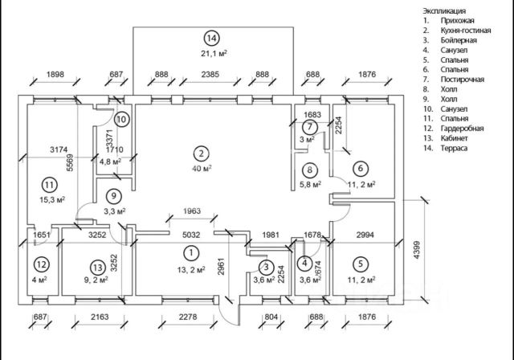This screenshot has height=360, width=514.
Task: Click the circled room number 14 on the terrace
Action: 212,38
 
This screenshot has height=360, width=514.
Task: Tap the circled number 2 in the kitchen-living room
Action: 202,153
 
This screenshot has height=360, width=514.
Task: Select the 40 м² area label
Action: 202,169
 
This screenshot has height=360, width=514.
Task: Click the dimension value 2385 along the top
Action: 210,75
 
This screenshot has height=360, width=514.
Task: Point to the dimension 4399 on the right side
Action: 417,251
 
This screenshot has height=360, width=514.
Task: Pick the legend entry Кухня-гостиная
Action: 466,31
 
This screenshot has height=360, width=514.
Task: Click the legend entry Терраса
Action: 454,148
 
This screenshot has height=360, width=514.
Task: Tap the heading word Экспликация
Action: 444,10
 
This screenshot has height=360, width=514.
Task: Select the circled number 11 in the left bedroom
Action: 50,185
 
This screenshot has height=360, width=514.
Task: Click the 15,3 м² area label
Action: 52,199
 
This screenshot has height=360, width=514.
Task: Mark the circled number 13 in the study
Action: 98,268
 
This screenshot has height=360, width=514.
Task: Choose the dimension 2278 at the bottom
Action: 188,317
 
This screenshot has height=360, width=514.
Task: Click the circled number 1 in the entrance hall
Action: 191,253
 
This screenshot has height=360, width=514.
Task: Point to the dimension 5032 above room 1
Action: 191,235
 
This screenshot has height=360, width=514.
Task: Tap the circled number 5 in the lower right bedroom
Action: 361,264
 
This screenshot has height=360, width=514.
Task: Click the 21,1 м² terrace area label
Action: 214,53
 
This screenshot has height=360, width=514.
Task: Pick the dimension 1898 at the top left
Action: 55,75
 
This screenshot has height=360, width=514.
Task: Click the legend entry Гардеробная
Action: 463,129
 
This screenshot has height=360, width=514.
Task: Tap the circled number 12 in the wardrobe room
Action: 41,264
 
